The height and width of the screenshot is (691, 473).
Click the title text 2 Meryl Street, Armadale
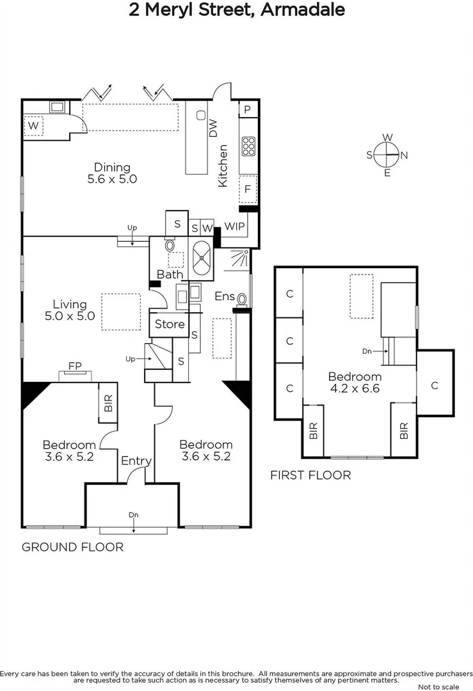(x=236, y=10)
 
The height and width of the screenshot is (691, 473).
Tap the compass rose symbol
(x=387, y=155)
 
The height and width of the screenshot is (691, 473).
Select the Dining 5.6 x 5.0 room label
(x=113, y=173)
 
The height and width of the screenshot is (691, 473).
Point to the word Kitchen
(x=223, y=166)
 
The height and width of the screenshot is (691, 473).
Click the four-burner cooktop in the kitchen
(x=248, y=147)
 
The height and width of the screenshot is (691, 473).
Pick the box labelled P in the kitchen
(x=247, y=109)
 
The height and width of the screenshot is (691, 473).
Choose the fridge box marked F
(x=247, y=189)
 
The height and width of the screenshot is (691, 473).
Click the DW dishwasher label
(x=214, y=130)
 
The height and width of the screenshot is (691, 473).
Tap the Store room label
(x=170, y=324)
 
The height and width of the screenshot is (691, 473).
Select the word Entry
(x=136, y=461)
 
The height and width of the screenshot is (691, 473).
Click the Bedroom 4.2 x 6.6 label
(x=355, y=383)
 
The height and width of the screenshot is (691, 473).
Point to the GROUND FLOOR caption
(x=72, y=547)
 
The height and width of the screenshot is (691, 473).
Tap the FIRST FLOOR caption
(x=310, y=475)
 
